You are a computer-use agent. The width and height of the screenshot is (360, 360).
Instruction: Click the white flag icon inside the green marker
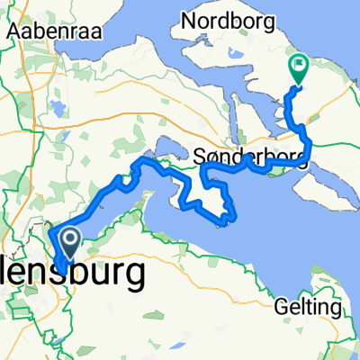297,65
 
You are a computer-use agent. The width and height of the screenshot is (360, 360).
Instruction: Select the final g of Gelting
337,310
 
